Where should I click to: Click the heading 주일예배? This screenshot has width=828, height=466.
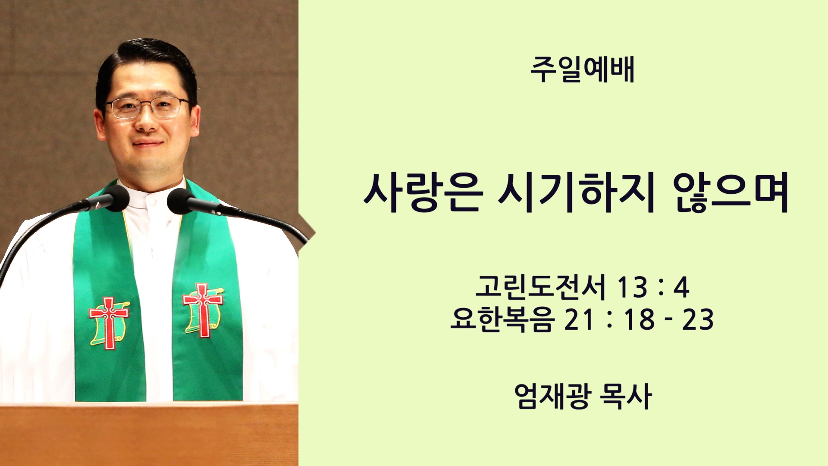point(582,69)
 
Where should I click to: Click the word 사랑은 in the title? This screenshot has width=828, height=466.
point(423,192)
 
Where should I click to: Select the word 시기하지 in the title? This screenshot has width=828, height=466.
point(576,192)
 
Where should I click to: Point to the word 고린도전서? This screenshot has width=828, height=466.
point(540,287)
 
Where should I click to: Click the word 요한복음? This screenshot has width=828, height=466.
point(501,320)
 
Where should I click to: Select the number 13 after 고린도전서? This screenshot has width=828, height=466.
point(633,287)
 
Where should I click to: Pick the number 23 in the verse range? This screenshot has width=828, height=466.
point(697,320)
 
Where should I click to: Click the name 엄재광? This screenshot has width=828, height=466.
point(552,396)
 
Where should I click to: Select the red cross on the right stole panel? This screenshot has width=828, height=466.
point(202,309)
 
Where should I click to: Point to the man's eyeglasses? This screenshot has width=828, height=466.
point(147,107)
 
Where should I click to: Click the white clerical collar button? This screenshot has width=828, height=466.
point(150,201)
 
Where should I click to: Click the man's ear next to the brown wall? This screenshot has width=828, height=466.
point(100,124)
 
